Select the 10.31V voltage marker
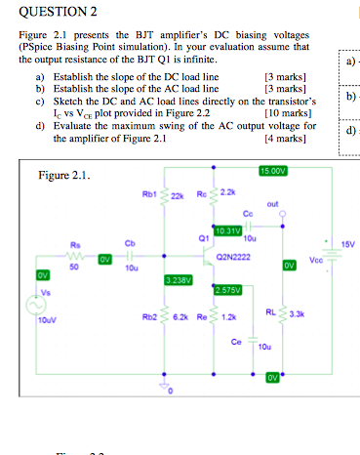(x=227, y=230)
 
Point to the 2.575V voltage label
(x=226, y=289)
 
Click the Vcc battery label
(x=315, y=261)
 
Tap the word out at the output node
(x=279, y=205)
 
